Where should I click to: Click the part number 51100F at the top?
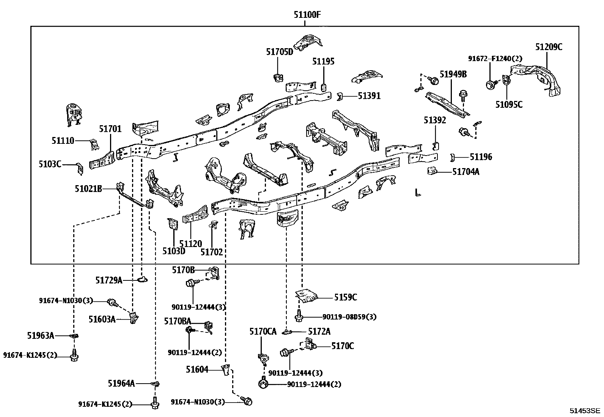pos(307,14)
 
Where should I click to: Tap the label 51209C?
pos(549,47)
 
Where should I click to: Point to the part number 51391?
pos(369,96)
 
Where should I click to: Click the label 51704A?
pos(466,172)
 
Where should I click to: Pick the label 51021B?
pos(88,189)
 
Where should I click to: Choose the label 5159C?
pos(345,297)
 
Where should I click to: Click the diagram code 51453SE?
pos(585,411)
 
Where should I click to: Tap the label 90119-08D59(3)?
pos(349,317)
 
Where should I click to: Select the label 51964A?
pos(121,383)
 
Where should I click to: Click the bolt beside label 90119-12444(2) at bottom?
pos(263,383)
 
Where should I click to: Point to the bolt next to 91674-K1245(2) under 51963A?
pos(74,356)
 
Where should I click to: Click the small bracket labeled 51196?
pos(452,157)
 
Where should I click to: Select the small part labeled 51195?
pos(324,88)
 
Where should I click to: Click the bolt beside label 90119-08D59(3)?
pos(298,316)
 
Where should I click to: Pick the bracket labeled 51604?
pos(226,370)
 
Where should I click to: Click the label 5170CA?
pos(263,332)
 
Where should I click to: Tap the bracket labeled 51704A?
pos(432,171)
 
